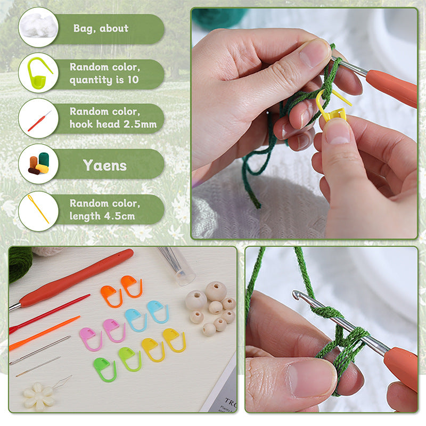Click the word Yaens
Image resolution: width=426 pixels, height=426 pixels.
105,165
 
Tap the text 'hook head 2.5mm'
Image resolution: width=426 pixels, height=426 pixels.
113,124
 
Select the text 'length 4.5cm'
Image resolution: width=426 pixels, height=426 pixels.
102,216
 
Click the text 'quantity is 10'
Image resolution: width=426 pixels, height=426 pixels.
104,80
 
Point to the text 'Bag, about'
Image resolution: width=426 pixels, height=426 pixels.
101,29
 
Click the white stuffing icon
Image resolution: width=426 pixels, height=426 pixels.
38,26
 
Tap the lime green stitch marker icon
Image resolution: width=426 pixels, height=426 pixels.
38,73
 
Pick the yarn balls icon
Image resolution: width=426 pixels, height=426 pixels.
39,163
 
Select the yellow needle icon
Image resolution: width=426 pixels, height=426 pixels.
38,208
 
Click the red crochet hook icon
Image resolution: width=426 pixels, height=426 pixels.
39,121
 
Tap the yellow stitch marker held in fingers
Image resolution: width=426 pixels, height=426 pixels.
333,107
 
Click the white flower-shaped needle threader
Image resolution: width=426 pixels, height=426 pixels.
39,396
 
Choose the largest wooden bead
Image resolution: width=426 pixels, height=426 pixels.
216,291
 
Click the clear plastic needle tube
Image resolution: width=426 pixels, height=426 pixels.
176,265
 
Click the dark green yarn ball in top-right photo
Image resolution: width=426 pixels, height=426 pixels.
218,18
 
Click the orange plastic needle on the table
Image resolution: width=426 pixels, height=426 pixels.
45,333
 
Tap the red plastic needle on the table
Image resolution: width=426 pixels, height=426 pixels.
49,314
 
